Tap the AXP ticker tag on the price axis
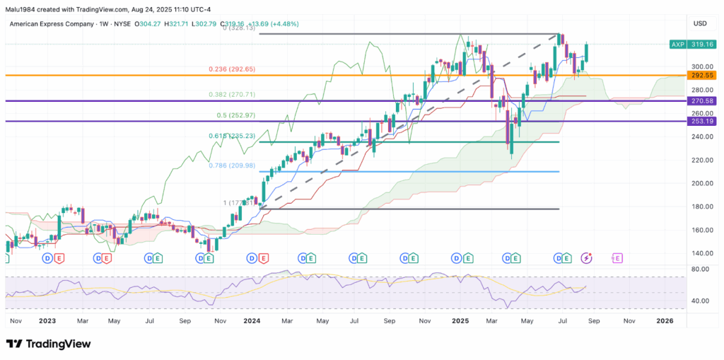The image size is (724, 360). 677,45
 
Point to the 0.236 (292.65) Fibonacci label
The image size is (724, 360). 231,69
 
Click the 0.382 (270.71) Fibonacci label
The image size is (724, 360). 231,94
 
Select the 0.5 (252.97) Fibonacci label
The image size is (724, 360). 236,115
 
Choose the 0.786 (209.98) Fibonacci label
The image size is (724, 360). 231,165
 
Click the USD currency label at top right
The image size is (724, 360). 700,23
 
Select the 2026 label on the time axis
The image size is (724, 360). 665,320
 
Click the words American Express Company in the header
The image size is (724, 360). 51,23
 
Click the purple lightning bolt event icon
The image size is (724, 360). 588,258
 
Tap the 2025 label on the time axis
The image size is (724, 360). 460,320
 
